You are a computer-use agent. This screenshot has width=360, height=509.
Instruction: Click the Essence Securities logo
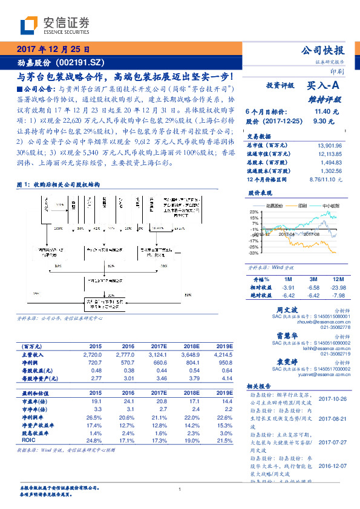55,25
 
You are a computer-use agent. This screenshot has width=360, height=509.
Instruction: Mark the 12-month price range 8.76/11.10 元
326,180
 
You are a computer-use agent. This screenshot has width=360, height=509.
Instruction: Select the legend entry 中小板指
329,206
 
